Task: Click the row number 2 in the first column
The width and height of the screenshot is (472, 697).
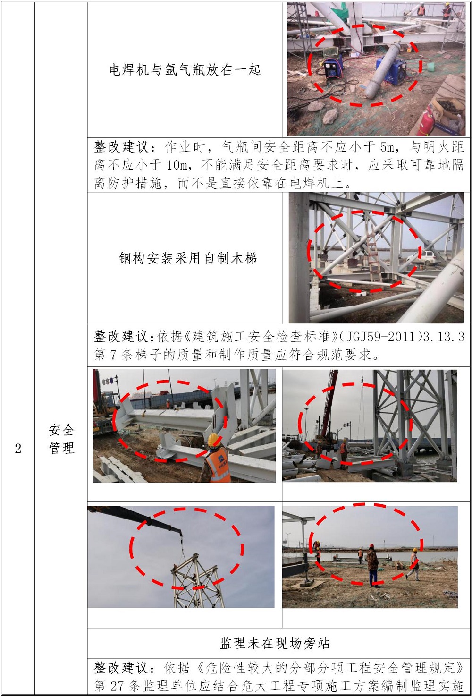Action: click(18, 449)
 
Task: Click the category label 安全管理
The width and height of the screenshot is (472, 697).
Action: click(61, 439)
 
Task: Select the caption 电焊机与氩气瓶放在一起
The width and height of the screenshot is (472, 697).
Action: click(185, 69)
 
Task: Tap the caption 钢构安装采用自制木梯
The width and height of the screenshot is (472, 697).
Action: click(188, 258)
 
